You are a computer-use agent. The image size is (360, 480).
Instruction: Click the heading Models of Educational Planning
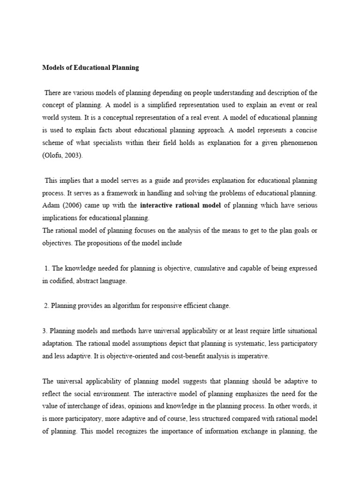pos(91,67)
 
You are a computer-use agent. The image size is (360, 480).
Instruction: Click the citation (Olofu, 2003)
pos(62,156)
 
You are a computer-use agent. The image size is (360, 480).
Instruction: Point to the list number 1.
pos(46,269)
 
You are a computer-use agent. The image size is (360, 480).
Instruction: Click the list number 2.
pos(46,306)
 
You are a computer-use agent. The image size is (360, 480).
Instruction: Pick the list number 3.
pos(45,331)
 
